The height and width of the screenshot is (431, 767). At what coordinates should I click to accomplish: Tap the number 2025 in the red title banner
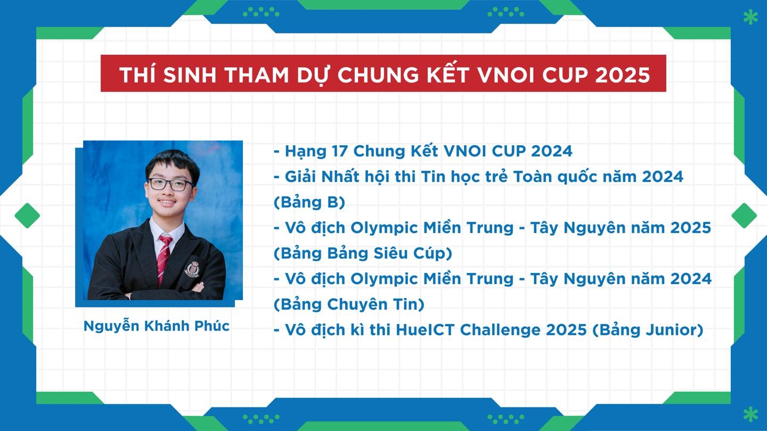(x=622, y=74)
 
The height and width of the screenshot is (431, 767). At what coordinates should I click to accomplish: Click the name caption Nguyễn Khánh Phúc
(x=157, y=326)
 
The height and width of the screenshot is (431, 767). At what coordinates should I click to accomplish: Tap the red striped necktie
(x=164, y=259)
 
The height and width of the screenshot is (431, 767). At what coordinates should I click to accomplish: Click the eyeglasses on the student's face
(x=170, y=185)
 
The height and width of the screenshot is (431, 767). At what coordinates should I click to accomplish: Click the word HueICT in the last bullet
(x=425, y=330)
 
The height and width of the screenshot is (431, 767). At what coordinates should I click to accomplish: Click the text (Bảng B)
(x=309, y=202)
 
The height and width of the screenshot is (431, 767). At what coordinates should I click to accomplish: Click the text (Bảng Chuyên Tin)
(x=349, y=304)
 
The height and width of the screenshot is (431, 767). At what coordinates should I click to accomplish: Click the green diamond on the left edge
(x=27, y=215)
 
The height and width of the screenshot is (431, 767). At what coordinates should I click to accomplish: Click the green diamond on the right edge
(x=744, y=215)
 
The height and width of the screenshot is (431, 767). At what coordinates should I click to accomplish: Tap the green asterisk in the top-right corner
(x=750, y=18)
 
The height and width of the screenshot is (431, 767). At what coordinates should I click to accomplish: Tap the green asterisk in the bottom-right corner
(x=750, y=414)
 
